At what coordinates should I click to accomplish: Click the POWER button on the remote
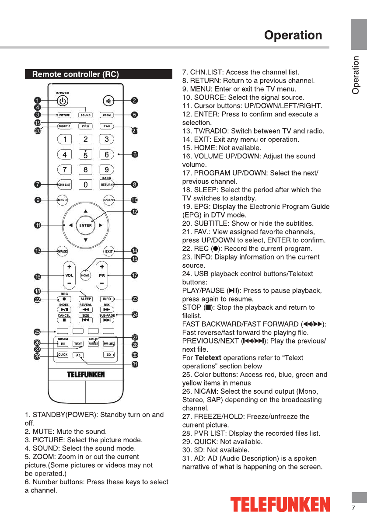click(63, 101)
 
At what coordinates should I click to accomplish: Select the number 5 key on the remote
click(86, 154)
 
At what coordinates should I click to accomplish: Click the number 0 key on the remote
click(86, 185)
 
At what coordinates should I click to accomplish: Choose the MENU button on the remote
click(63, 200)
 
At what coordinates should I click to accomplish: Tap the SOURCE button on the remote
click(109, 200)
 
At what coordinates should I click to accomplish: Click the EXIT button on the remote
click(109, 252)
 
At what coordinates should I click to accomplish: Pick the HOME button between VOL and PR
click(85, 276)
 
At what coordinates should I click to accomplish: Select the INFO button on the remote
click(107, 299)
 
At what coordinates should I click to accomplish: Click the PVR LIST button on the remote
click(108, 344)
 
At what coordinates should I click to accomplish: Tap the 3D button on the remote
click(108, 355)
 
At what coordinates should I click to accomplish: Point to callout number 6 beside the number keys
click(135, 154)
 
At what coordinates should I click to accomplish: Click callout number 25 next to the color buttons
click(38, 332)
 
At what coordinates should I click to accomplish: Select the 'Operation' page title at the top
click(293, 35)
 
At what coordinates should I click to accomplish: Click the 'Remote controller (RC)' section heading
click(75, 74)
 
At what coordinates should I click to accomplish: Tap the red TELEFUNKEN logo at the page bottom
click(280, 504)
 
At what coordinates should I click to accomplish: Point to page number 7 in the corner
click(353, 508)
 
